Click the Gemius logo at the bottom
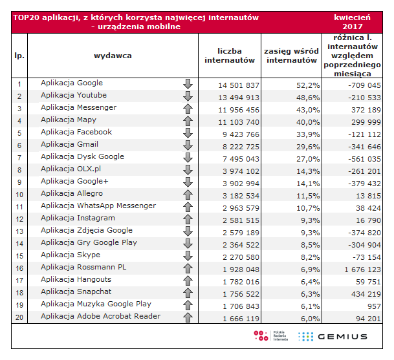[x=333, y=336]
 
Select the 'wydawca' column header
[x=113, y=56]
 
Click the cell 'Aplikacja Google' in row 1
[x=72, y=83]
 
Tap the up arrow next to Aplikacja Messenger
[x=188, y=108]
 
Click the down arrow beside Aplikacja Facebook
[x=188, y=132]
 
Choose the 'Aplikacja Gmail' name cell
[x=69, y=145]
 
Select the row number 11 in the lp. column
[x=19, y=207]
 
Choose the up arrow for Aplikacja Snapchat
[x=188, y=292]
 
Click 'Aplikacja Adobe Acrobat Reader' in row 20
[x=100, y=317]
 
